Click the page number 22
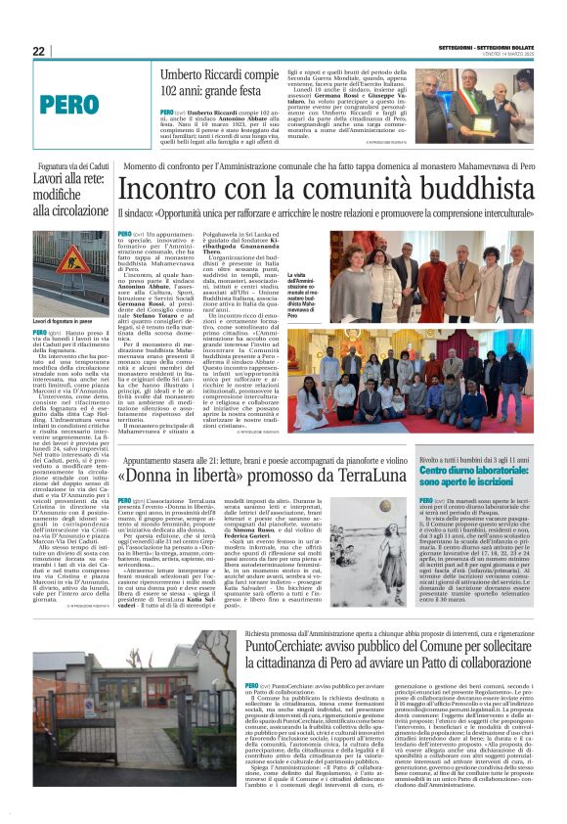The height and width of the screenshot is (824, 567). (x=38, y=51)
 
